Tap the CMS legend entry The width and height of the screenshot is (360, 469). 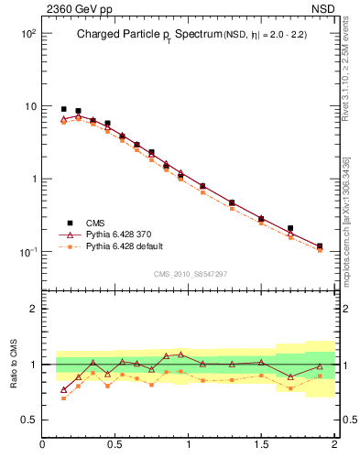coord(93,223)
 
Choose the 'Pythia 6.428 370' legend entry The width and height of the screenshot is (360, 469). coord(115,234)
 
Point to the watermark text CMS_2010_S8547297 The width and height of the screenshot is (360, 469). coord(190,274)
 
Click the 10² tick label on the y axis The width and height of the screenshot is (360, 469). coord(27,33)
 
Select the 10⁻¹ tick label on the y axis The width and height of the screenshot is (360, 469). coord(27,252)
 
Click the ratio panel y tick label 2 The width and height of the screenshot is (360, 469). coord(32,309)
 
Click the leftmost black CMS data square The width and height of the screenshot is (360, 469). coord(63,109)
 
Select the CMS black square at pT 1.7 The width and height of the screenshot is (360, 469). coord(290,228)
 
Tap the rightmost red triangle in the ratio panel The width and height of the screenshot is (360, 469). coord(320,366)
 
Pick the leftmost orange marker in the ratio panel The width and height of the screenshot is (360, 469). coord(63,399)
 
